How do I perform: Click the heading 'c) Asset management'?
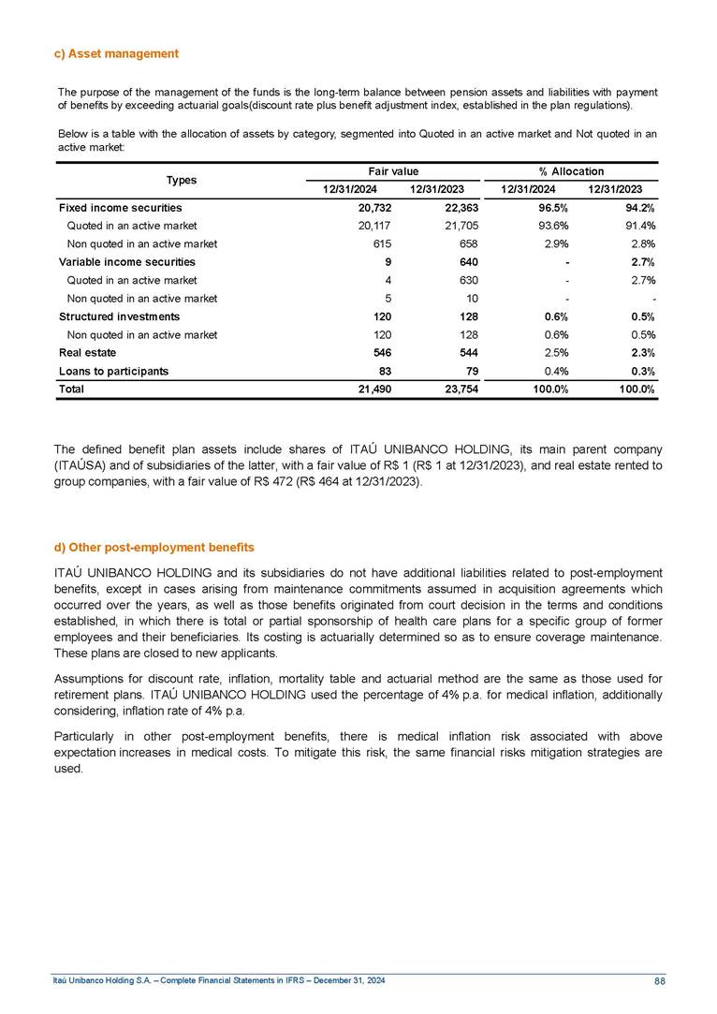point(116,53)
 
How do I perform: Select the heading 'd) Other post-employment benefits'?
point(154,546)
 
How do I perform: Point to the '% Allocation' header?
point(571,171)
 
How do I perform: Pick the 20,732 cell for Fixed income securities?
point(373,208)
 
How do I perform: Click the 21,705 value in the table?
point(459,226)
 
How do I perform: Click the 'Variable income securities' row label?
point(126,262)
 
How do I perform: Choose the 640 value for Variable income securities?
point(469,262)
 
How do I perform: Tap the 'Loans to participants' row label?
point(113,371)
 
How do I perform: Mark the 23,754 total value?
point(459,389)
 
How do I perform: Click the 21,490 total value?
point(373,389)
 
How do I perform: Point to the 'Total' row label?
point(71,389)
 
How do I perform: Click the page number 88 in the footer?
point(659,980)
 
